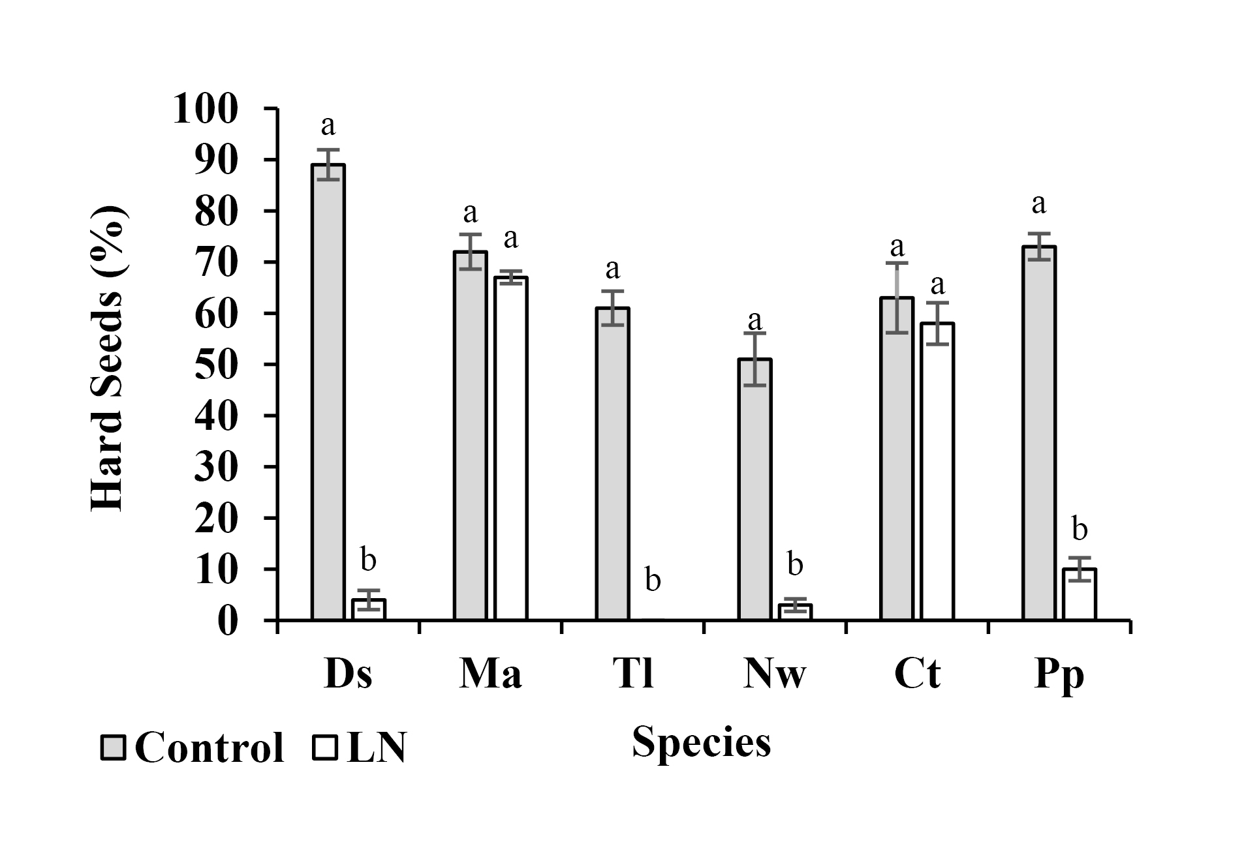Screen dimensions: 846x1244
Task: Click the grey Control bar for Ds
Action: pos(328,391)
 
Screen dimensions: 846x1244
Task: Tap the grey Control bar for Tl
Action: pos(612,463)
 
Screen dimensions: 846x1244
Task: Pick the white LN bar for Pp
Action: pos(1080,594)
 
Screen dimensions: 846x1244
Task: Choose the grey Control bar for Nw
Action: pos(755,489)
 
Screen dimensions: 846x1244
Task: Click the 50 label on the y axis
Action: pos(215,365)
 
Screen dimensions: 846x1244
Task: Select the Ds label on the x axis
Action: pos(348,674)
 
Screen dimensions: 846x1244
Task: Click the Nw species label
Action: pos(775,674)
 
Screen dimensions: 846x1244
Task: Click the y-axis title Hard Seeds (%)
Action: pos(106,359)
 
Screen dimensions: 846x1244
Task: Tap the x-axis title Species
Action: pos(701,742)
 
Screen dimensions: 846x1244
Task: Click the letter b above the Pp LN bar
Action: pos(1080,530)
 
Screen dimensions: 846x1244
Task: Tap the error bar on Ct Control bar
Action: pos(897,297)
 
